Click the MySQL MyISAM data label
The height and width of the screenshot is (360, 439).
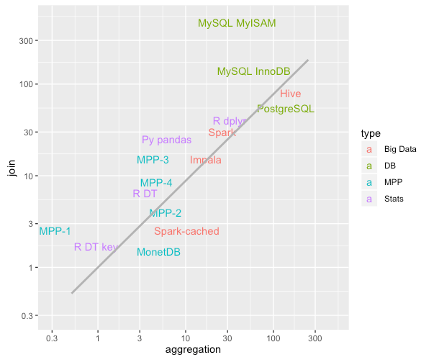pos(237,23)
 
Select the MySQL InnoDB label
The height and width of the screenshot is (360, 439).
pos(253,71)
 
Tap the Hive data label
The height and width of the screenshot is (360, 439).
pos(290,94)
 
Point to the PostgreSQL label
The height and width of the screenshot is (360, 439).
pos(285,109)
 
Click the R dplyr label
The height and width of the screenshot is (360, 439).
pos(230,121)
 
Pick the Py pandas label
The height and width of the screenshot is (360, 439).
pos(166,140)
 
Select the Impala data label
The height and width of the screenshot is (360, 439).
pos(205,160)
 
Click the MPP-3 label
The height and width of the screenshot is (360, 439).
pos(153,160)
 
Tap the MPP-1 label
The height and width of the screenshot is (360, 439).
pos(55,231)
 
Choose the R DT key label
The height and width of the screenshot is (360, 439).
pos(96,247)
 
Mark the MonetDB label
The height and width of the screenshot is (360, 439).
pos(158,252)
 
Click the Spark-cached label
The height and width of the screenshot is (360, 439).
pos(186,231)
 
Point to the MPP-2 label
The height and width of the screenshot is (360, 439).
pos(165,213)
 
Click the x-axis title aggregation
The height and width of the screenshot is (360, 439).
pos(193,349)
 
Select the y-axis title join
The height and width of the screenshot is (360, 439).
pos(12,169)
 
